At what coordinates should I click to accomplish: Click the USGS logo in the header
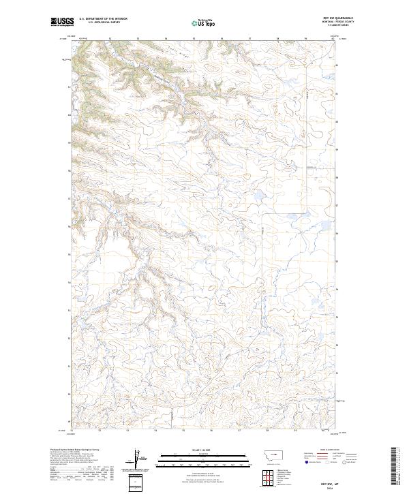click(62, 22)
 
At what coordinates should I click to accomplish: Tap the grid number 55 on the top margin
click(194, 40)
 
